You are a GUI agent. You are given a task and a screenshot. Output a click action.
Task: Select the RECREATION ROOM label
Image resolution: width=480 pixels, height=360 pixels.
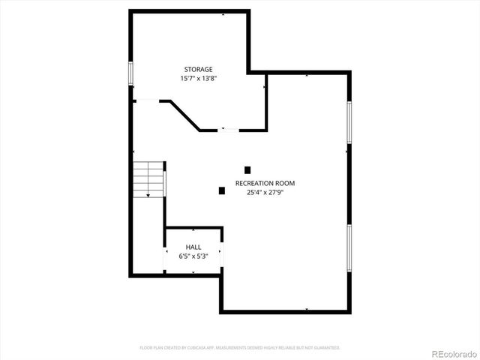tap(265, 183)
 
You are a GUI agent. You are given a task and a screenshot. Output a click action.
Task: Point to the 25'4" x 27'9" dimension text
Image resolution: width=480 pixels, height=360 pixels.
tap(265, 192)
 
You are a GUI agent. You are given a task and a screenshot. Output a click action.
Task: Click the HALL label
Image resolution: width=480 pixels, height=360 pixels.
tap(193, 247)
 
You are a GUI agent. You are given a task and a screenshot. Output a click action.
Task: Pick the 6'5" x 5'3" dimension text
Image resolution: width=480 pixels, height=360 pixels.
tap(193, 256)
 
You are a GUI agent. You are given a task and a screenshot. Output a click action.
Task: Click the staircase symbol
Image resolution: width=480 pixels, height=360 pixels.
tap(149, 179)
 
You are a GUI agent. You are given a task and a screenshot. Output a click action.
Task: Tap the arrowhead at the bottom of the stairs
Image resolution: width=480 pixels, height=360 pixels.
tap(148, 195)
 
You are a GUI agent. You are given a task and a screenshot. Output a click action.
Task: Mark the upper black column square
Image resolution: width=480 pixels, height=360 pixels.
tap(247, 170)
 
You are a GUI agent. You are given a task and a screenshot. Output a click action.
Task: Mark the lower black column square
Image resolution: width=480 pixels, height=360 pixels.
tap(222, 190)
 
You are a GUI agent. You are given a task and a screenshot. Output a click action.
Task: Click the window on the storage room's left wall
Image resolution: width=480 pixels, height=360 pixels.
tap(130, 74)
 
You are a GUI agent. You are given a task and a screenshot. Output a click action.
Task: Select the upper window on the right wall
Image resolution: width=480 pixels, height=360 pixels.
tap(349, 121)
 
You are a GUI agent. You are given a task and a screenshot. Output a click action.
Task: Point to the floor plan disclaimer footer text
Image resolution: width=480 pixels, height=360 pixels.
tap(240, 348)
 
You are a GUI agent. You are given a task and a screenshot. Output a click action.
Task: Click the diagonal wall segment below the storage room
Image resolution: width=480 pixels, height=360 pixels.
tap(185, 115)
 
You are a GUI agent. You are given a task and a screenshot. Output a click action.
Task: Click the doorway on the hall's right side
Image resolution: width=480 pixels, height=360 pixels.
tap(222, 254)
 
